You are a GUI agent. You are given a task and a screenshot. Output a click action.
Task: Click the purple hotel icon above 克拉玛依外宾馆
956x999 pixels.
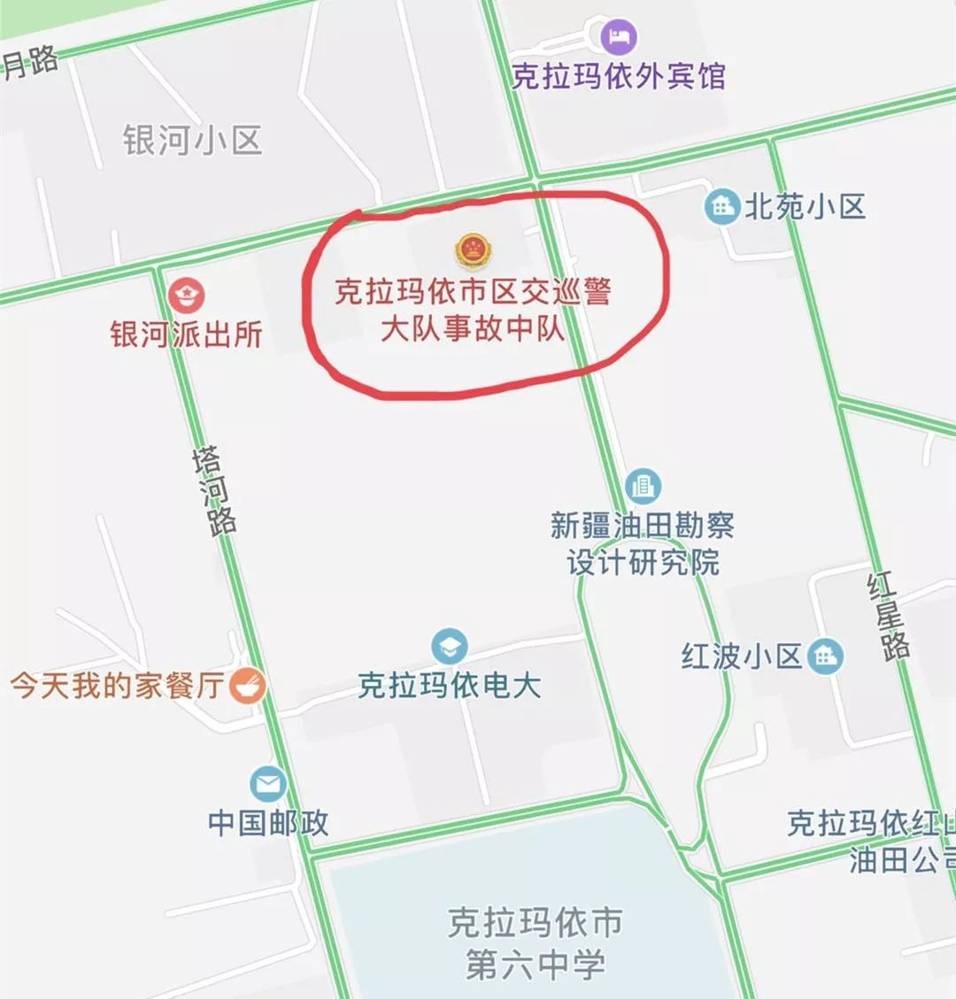pyautogui.click(x=620, y=37)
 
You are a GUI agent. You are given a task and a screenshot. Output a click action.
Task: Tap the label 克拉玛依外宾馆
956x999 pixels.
pyautogui.click(x=619, y=76)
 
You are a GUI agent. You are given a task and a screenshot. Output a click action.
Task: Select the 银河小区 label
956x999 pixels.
pyautogui.click(x=192, y=140)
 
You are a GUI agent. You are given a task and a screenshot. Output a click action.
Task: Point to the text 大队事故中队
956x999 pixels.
pyautogui.click(x=473, y=328)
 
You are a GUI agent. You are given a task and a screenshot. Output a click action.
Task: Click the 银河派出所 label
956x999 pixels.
pyautogui.click(x=187, y=334)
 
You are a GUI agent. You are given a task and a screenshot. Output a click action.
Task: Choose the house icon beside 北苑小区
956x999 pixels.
pyautogui.click(x=722, y=207)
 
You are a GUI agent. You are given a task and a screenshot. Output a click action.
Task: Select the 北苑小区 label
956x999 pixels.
pyautogui.click(x=804, y=207)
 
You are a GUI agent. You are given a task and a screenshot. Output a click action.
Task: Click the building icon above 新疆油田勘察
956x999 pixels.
pyautogui.click(x=644, y=486)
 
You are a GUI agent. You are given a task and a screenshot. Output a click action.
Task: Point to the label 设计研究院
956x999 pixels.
pyautogui.click(x=644, y=562)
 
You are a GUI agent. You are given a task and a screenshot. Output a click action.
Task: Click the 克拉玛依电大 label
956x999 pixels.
pyautogui.click(x=450, y=686)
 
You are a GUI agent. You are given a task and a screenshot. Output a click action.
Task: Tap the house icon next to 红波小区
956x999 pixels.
pyautogui.click(x=826, y=656)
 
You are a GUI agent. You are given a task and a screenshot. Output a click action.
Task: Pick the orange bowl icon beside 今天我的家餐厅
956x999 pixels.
pyautogui.click(x=248, y=686)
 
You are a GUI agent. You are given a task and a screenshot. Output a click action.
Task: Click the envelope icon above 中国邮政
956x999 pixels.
pyautogui.click(x=268, y=783)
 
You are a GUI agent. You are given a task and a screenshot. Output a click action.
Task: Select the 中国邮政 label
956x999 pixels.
pyautogui.click(x=268, y=822)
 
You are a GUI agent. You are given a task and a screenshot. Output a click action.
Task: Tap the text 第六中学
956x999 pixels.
pyautogui.click(x=536, y=964)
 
